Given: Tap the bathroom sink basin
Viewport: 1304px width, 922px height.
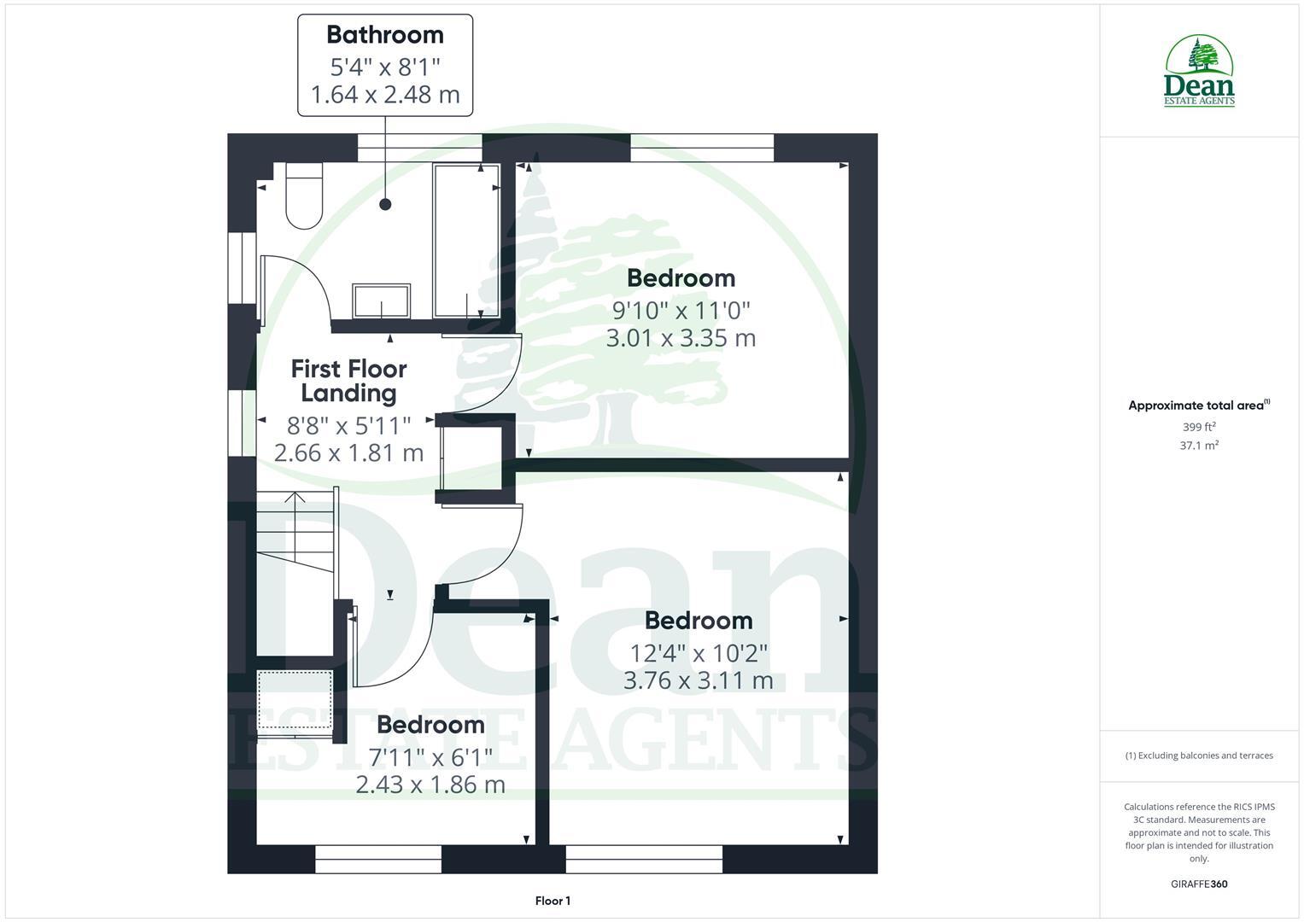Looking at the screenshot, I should (382, 301).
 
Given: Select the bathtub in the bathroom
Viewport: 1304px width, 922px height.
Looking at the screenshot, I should (466, 241).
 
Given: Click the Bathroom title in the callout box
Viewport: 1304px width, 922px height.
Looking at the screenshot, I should (385, 35).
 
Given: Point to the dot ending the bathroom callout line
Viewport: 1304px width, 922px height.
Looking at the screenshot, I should (385, 204).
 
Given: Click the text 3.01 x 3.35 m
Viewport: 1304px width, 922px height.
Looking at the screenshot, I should (681, 338).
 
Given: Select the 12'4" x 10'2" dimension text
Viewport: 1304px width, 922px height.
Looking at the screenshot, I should (699, 653).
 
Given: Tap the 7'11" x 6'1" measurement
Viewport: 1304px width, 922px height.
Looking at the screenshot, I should (430, 756).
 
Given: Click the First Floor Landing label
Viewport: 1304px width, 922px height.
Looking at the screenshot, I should (348, 381).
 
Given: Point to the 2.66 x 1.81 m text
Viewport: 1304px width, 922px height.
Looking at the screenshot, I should (348, 452).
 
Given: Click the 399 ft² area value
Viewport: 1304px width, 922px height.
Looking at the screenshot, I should (1199, 427).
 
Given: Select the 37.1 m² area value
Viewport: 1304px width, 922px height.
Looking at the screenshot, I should (1199, 446).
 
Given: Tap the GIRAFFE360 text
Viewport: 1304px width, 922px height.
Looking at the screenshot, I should (1199, 884).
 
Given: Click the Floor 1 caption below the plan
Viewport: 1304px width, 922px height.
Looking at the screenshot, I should (553, 901).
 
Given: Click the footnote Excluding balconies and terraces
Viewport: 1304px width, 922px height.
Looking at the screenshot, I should (1199, 756).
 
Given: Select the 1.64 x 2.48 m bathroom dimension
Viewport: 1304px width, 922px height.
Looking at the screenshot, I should (385, 94).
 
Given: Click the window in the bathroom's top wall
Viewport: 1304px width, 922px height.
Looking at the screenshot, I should (418, 148).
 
